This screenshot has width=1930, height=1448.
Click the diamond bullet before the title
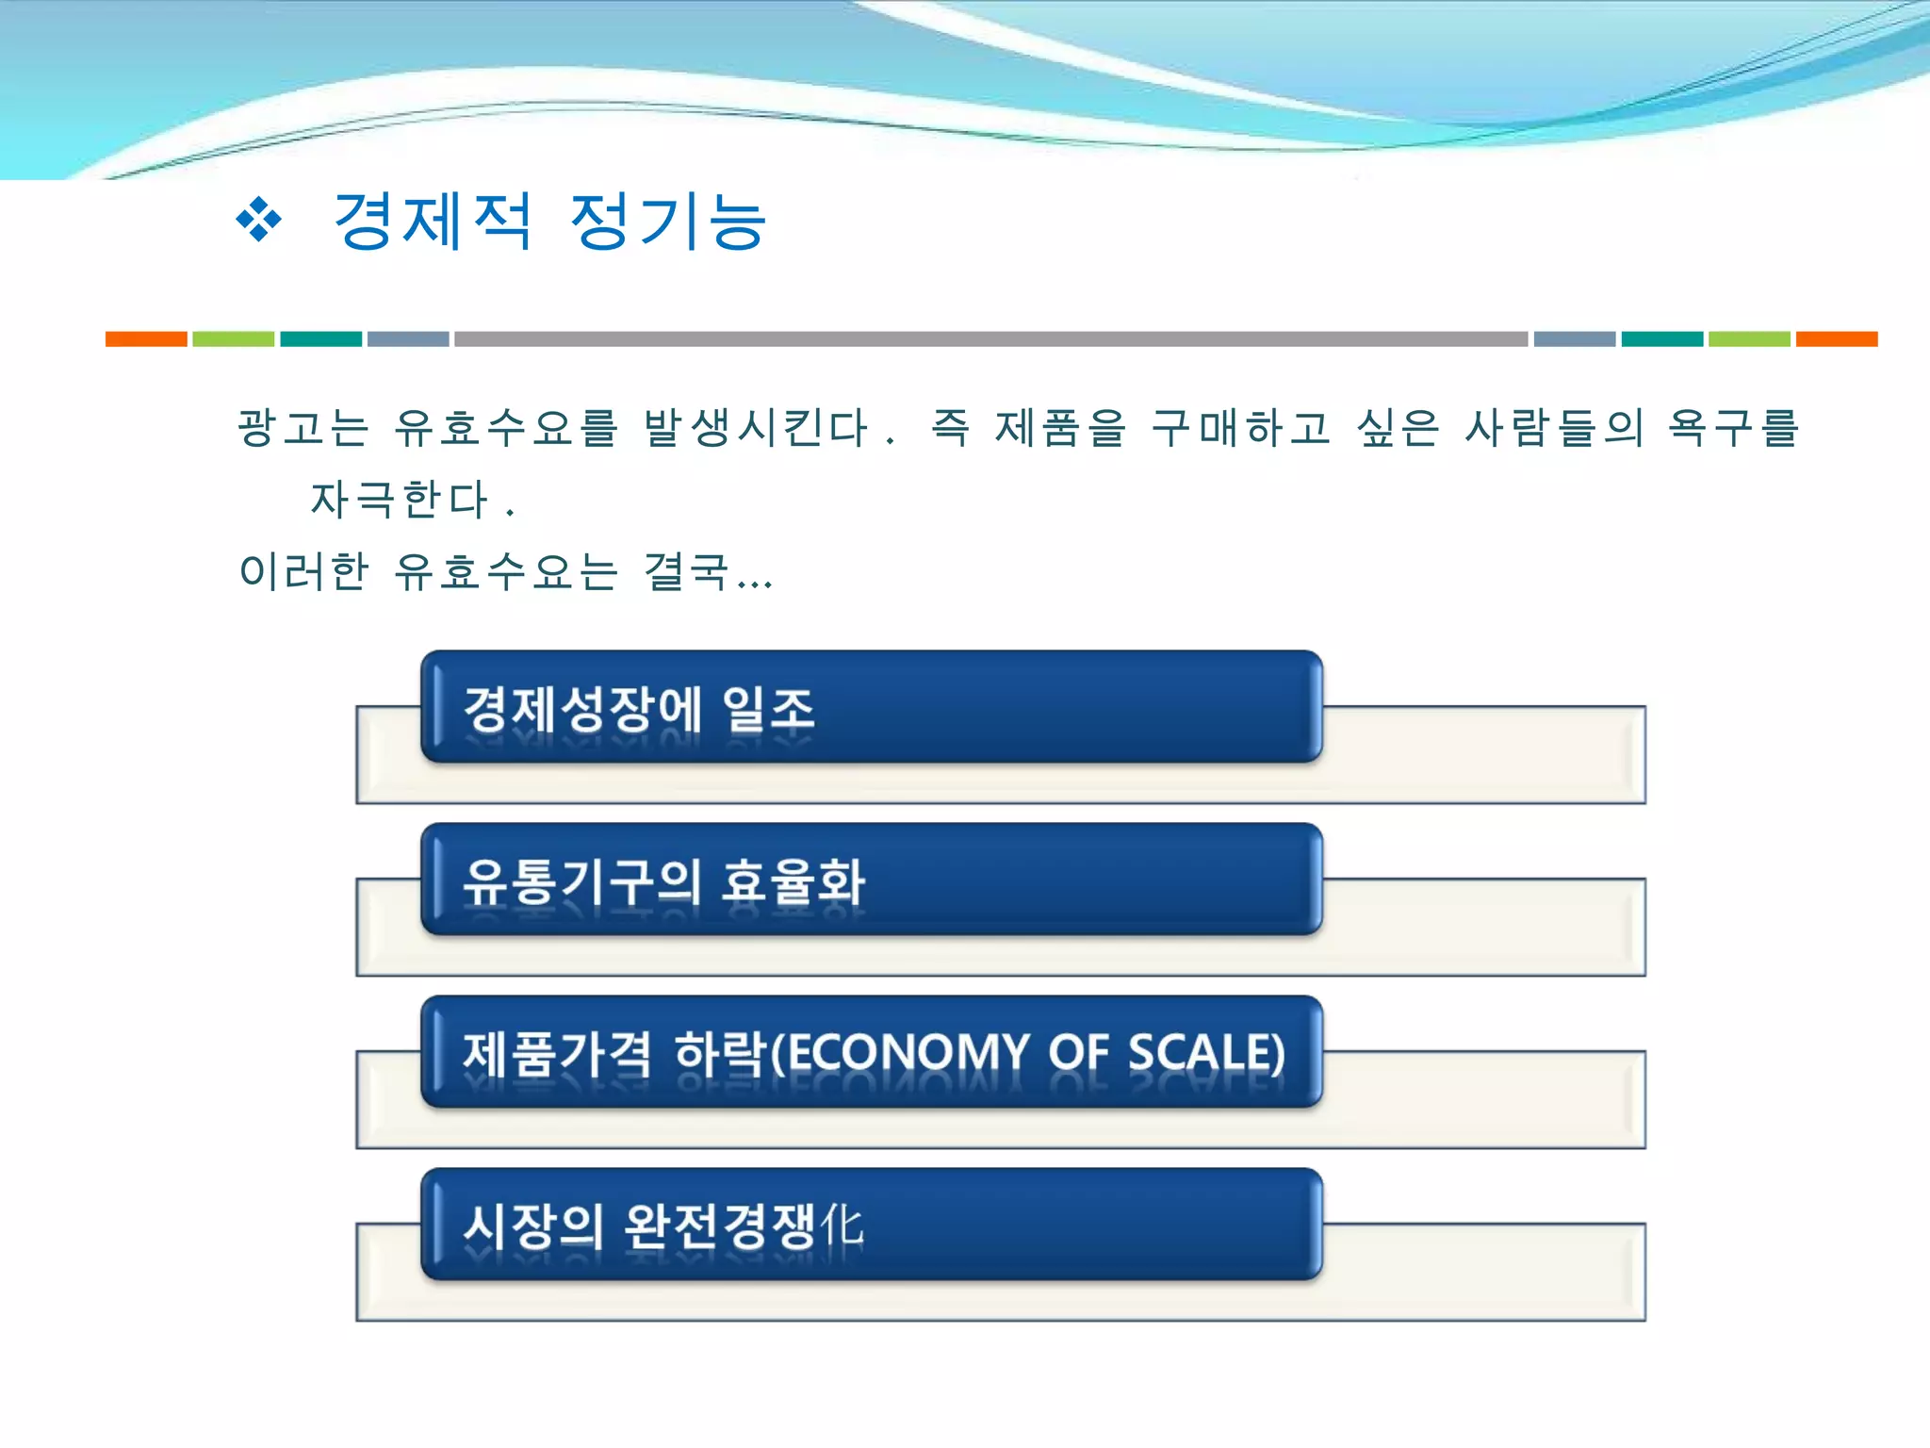coord(258,221)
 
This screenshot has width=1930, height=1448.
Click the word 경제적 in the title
coord(432,222)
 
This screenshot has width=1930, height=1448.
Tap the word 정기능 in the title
coord(668,222)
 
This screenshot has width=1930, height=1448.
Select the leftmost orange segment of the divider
coord(146,339)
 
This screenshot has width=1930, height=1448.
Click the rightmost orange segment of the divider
coord(1836,339)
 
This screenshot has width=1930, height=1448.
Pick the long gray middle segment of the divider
coord(990,339)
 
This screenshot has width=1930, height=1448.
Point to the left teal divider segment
coord(320,339)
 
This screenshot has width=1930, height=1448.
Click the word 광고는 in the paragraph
coord(303,427)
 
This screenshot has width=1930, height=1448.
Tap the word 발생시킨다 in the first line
coord(755,427)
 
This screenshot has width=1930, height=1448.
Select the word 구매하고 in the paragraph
coord(1240,427)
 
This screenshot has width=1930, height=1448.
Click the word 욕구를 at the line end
coord(1733,427)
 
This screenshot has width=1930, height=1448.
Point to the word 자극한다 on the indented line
coord(400,499)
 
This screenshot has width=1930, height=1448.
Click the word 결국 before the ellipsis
coord(686,570)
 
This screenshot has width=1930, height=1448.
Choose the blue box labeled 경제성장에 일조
coord(872,707)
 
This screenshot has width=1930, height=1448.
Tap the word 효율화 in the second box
coord(793,881)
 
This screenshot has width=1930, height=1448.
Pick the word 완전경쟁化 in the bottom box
coord(744,1226)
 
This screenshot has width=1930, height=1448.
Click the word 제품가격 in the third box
coord(556,1053)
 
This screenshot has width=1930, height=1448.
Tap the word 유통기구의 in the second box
coord(581,881)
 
